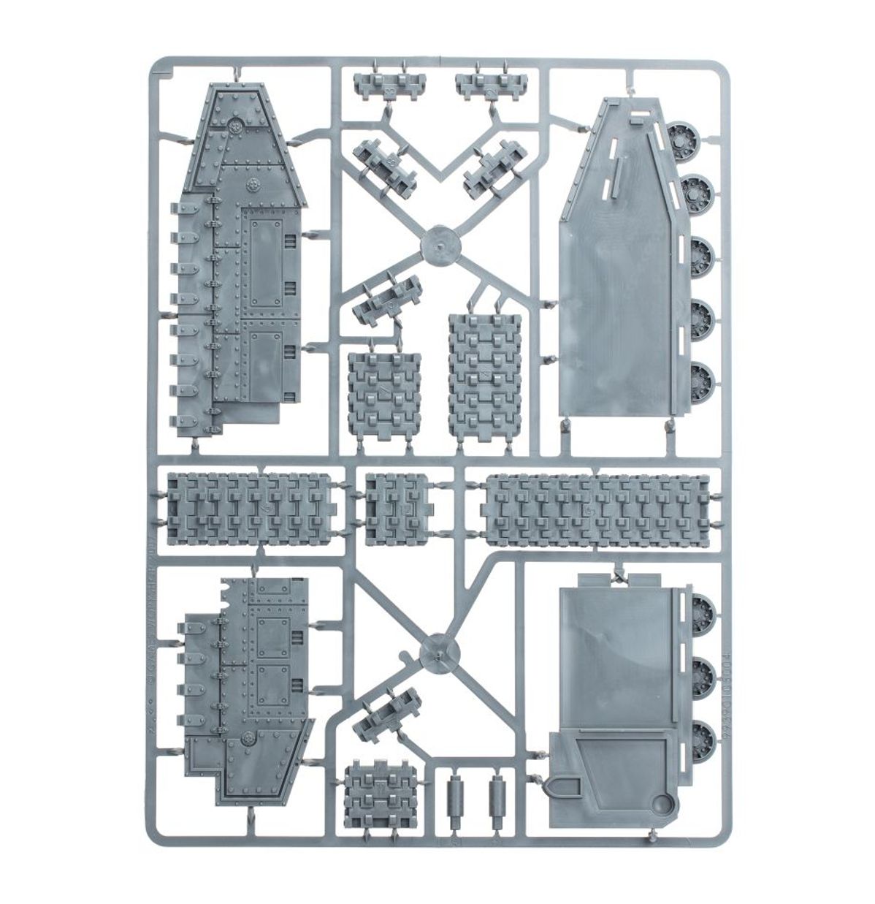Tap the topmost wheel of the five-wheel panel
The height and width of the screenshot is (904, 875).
pyautogui.click(x=684, y=135)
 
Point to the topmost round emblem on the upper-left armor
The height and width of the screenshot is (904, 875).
pyautogui.click(x=236, y=126)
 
